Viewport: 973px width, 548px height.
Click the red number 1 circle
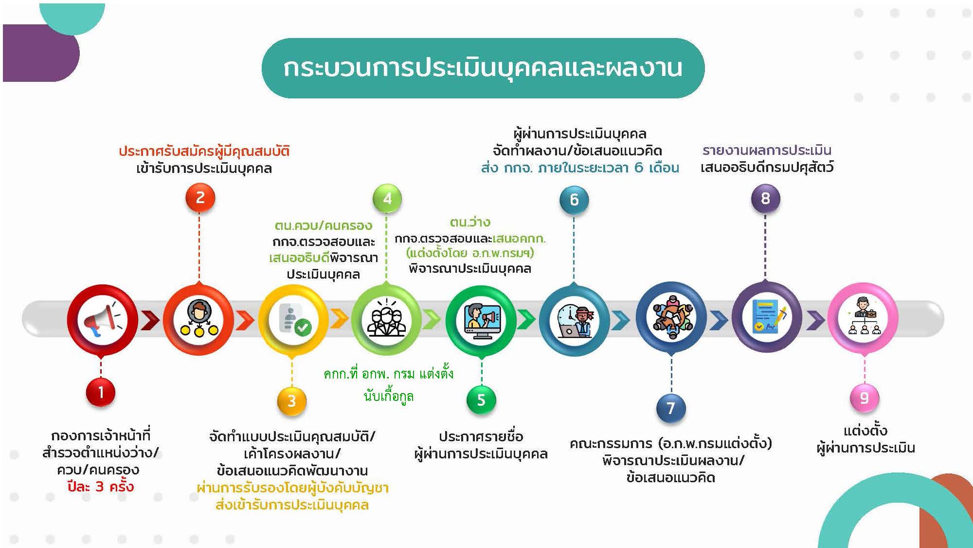coord(101,392)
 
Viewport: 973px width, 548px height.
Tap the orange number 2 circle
coord(200,198)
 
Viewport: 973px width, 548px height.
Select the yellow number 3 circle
coord(292,401)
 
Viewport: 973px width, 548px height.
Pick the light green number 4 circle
coord(387,198)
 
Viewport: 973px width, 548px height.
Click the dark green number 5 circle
coord(481,400)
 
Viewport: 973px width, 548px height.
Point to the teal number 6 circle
coord(574,199)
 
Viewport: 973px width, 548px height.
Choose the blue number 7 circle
coord(671,408)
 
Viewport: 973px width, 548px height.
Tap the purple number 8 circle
coord(766,198)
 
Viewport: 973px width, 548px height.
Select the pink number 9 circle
coord(865,398)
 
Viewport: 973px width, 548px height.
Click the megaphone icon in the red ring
coord(101,320)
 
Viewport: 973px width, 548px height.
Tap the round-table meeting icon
coord(672,318)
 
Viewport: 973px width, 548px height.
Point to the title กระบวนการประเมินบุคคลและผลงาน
coord(483,68)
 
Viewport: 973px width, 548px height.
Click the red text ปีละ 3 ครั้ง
coord(101,487)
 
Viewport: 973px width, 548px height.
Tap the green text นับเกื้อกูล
coord(389,396)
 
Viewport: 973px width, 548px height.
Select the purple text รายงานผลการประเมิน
coord(767,150)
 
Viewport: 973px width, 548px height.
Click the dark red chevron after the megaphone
coord(150,321)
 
